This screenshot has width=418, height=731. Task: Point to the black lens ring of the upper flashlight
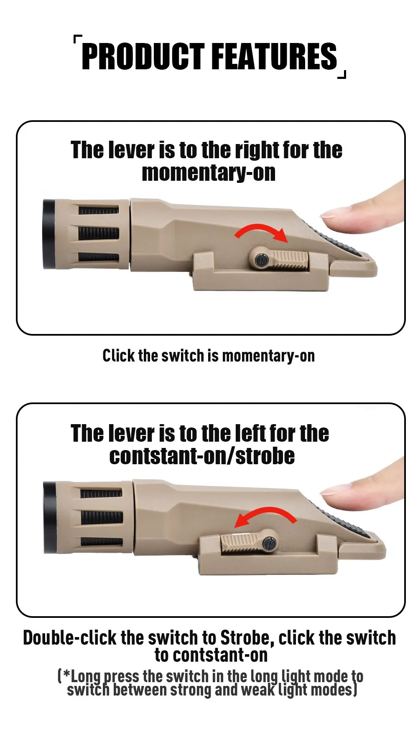click(48, 234)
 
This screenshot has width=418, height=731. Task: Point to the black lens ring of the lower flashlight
click(49, 517)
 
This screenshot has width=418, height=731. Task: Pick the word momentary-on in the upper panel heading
click(209, 173)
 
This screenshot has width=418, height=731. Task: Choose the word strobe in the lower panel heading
click(265, 455)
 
